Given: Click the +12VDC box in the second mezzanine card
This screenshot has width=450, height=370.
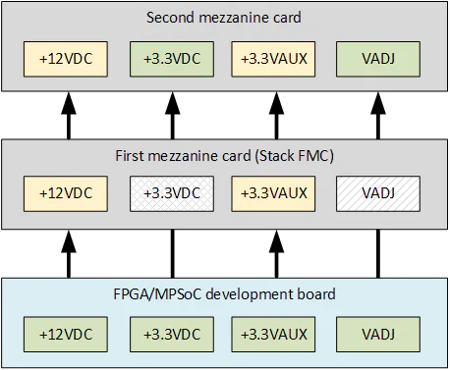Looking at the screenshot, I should (67, 59).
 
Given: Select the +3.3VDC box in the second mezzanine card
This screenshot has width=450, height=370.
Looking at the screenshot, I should (170, 59).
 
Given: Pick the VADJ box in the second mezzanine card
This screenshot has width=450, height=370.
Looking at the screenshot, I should (377, 59).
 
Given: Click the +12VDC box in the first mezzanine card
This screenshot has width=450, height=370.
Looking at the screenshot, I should (67, 192).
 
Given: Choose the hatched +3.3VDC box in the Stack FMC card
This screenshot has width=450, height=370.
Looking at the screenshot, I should (170, 192).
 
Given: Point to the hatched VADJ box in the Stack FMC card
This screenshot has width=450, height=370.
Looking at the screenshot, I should (377, 192).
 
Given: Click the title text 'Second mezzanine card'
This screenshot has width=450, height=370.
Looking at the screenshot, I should (224, 18).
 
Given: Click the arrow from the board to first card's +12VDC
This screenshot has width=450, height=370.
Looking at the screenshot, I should (67, 249).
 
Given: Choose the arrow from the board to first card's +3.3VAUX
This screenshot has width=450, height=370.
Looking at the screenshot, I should (273, 249).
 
